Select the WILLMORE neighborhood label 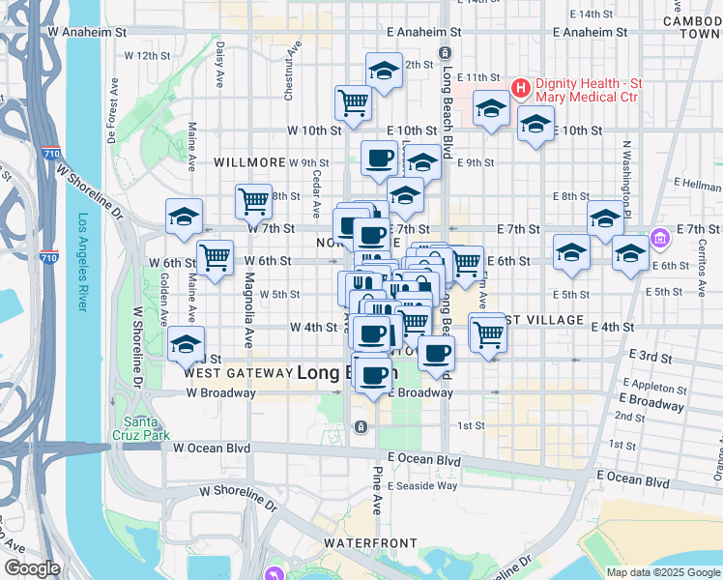coord(250,162)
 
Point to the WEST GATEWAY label coord(238,372)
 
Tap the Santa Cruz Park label coord(147,428)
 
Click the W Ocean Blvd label coord(211,448)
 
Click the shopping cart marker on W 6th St coord(215,257)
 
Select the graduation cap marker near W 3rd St coord(185,345)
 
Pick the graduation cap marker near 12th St coord(384,71)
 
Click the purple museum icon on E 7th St coord(661,237)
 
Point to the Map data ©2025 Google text coord(662,572)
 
